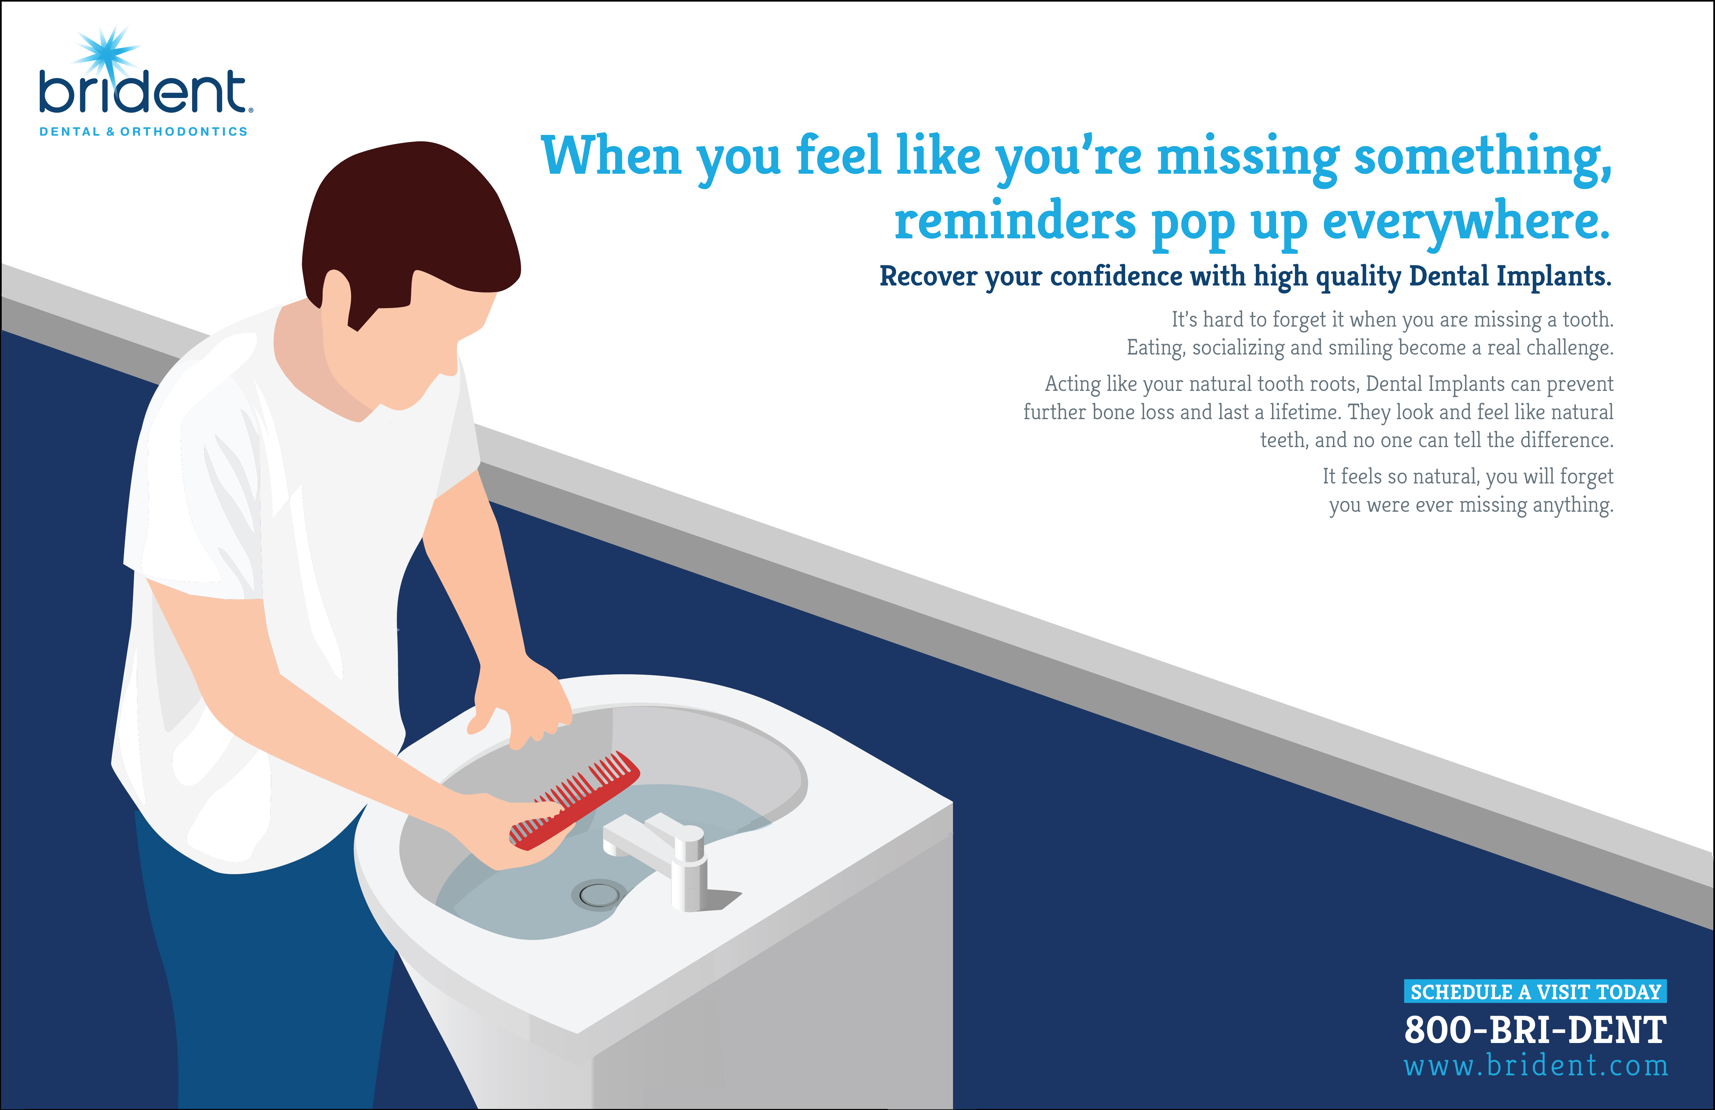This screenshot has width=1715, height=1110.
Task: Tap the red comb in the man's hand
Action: [x=574, y=801]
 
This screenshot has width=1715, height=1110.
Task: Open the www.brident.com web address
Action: [x=1535, y=1065]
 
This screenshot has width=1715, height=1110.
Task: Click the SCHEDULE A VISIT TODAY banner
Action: [x=1535, y=992]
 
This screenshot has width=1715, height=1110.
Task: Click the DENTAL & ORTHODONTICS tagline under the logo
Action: [x=144, y=132]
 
